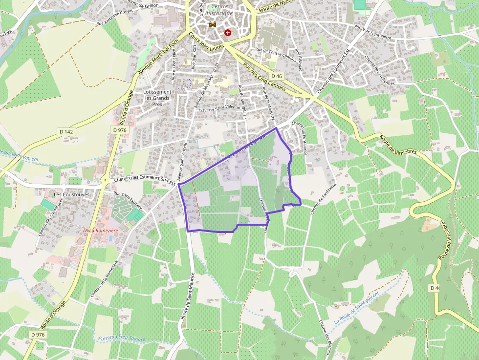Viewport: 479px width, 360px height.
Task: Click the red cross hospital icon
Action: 228,32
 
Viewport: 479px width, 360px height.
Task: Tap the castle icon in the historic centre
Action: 213,24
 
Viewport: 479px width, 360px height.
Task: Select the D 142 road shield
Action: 65,131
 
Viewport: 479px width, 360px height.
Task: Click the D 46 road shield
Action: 276,76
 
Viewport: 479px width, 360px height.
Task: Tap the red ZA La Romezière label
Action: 101,230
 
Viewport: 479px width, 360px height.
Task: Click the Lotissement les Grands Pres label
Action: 157,98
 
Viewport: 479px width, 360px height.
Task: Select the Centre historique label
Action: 219,10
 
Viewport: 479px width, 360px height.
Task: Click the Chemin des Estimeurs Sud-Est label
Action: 145,180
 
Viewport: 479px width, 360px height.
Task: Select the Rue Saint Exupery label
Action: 128,200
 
